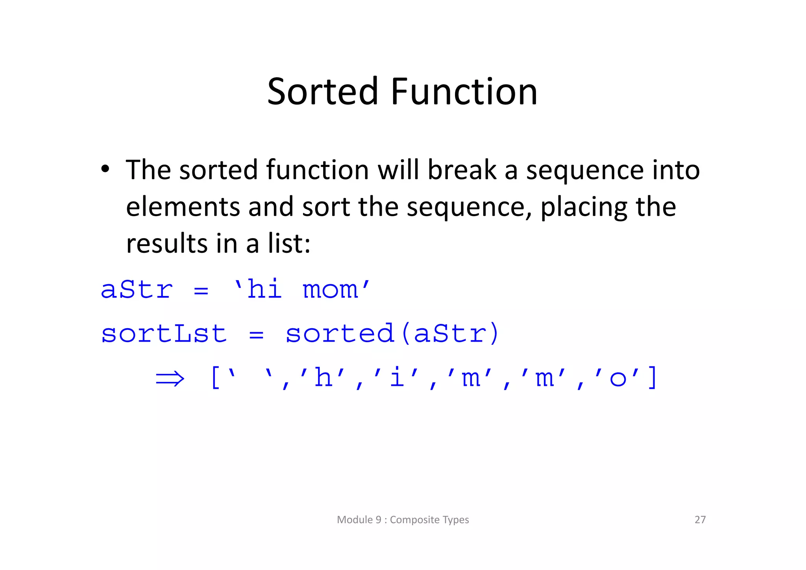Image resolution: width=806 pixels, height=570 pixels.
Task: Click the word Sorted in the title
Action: [x=322, y=92]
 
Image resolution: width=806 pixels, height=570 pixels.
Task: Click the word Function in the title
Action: [x=464, y=92]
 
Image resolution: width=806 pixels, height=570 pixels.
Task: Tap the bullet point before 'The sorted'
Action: [x=105, y=169]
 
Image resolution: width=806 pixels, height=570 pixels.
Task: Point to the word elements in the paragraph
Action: [x=183, y=207]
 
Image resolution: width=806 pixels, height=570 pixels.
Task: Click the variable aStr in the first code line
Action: [x=137, y=290]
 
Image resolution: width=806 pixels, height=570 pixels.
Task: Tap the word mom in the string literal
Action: [x=330, y=290]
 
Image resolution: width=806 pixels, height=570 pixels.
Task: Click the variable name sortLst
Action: [x=164, y=334]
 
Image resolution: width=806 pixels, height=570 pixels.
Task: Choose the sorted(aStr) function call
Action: [x=392, y=334]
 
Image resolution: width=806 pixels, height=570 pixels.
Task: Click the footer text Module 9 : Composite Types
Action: [x=403, y=520]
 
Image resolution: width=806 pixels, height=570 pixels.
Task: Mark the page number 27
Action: [x=700, y=520]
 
